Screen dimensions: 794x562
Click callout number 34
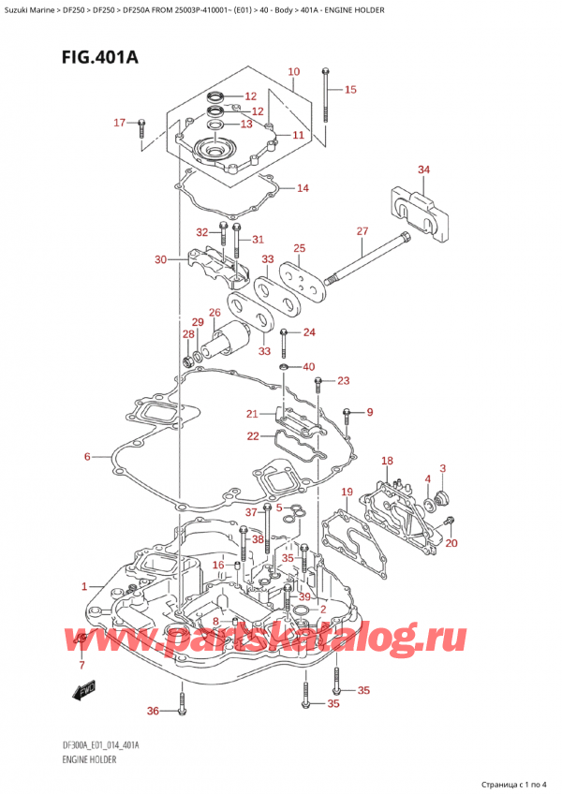pyautogui.click(x=424, y=169)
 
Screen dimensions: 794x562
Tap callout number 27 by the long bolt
pyautogui.click(x=362, y=231)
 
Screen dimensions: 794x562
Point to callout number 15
pyautogui.click(x=350, y=90)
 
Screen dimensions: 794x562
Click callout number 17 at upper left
pyautogui.click(x=119, y=123)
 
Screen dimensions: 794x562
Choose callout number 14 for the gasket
pyautogui.click(x=302, y=188)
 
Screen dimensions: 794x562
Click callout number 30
pyautogui.click(x=160, y=259)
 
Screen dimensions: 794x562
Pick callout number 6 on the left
pyautogui.click(x=87, y=457)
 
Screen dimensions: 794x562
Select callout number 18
pyautogui.click(x=387, y=461)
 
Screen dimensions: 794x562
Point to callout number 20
pyautogui.click(x=451, y=543)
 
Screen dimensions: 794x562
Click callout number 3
pyautogui.click(x=442, y=468)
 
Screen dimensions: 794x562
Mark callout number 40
pyautogui.click(x=308, y=366)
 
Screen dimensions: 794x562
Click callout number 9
pyautogui.click(x=369, y=412)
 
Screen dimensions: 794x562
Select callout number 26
pyautogui.click(x=214, y=313)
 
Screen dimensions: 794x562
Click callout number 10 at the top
pyautogui.click(x=293, y=72)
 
